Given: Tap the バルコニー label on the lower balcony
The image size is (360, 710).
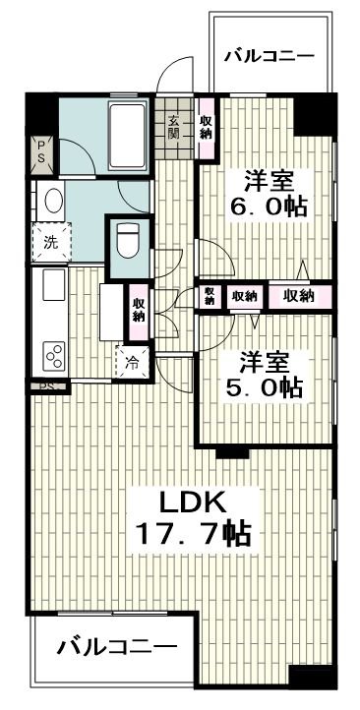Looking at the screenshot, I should (x=116, y=648).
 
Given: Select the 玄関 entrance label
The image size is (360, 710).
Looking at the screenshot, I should (x=174, y=125).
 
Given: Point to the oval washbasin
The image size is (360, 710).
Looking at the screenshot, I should (x=50, y=203).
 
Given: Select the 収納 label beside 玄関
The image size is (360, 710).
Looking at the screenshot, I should (x=205, y=127).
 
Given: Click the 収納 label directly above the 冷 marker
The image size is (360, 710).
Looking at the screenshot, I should (x=138, y=309).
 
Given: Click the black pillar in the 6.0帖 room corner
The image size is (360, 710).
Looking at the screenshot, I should (x=314, y=115).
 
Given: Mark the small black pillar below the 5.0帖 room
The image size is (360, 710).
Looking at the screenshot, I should (x=231, y=450).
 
